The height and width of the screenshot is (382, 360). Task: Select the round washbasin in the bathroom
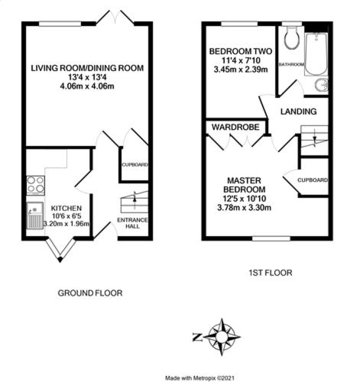coord(321,85)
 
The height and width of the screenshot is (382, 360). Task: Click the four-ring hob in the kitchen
coord(35,185)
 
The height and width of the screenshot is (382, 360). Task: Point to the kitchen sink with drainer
coord(35,215)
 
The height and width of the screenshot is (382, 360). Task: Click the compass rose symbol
coord(222,337)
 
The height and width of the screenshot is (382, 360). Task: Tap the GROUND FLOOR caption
coord(90,293)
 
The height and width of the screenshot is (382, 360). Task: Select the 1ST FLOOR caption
coord(271,273)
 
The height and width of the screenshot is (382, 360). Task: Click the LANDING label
coord(299,112)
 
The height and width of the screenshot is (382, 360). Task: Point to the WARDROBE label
coord(235,127)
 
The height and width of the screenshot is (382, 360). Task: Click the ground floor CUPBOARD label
coord(135,165)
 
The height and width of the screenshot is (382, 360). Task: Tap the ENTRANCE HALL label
coord(132,223)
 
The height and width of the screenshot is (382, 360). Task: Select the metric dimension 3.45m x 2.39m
coord(241,70)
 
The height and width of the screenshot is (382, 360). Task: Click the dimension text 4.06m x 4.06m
coord(87,86)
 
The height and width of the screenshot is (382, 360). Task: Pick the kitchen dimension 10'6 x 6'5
coord(66,216)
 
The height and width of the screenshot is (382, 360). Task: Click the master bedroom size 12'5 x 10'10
coord(244,199)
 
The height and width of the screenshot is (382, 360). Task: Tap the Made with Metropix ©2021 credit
coord(199,378)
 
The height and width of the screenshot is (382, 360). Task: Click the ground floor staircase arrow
coord(135,196)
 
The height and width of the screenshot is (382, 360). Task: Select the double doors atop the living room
coord(115,18)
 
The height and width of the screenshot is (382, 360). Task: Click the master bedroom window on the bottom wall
coord(271,238)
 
